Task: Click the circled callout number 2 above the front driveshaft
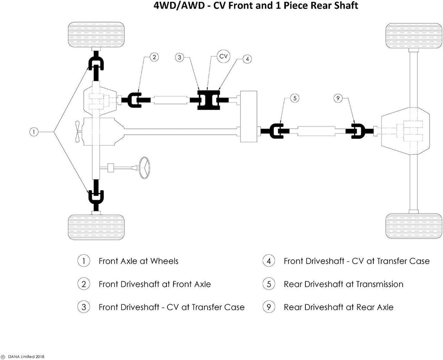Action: [x=155, y=57]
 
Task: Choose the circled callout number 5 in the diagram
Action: [x=294, y=98]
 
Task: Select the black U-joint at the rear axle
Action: [x=357, y=131]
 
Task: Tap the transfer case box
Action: [x=249, y=117]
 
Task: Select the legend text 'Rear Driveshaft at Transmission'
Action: [x=343, y=284]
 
